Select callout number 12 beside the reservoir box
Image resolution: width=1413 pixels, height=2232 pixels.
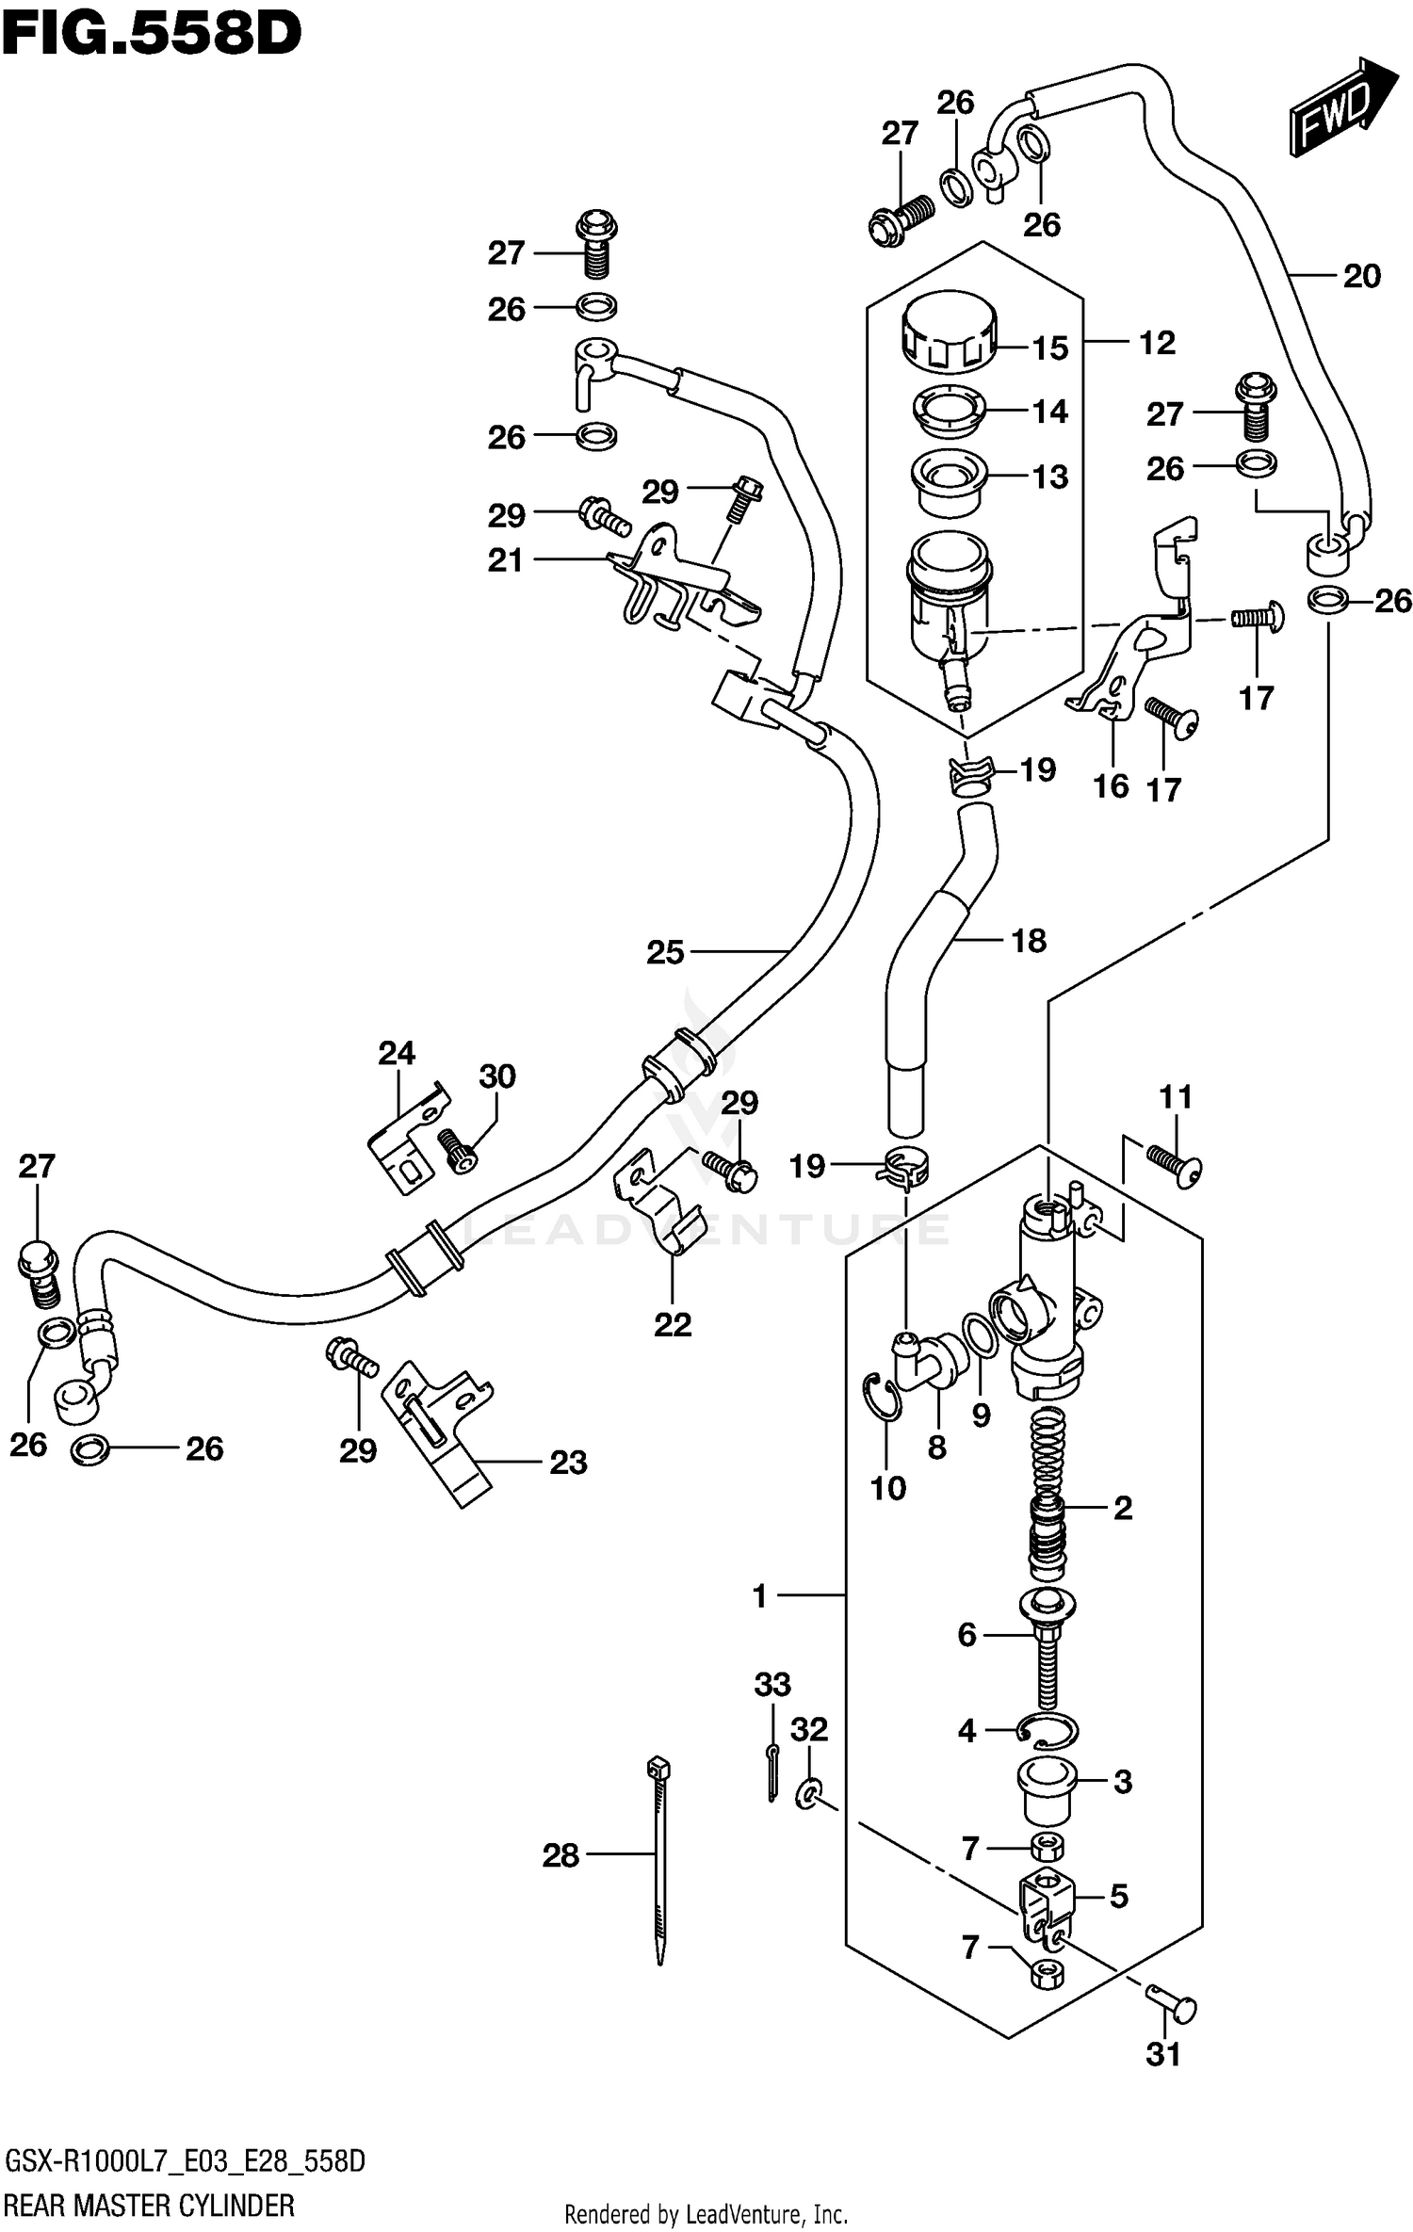1157,343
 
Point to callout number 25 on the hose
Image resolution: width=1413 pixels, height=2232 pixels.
664,952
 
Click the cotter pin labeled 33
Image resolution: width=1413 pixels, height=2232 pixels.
772,1771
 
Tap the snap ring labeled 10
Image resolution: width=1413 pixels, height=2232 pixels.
881,1397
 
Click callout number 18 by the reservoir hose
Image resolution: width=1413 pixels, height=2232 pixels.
1028,940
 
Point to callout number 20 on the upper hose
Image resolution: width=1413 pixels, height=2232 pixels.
1361,276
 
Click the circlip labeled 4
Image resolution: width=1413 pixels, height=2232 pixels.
1048,1729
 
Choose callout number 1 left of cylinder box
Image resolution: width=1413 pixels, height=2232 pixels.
760,1595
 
